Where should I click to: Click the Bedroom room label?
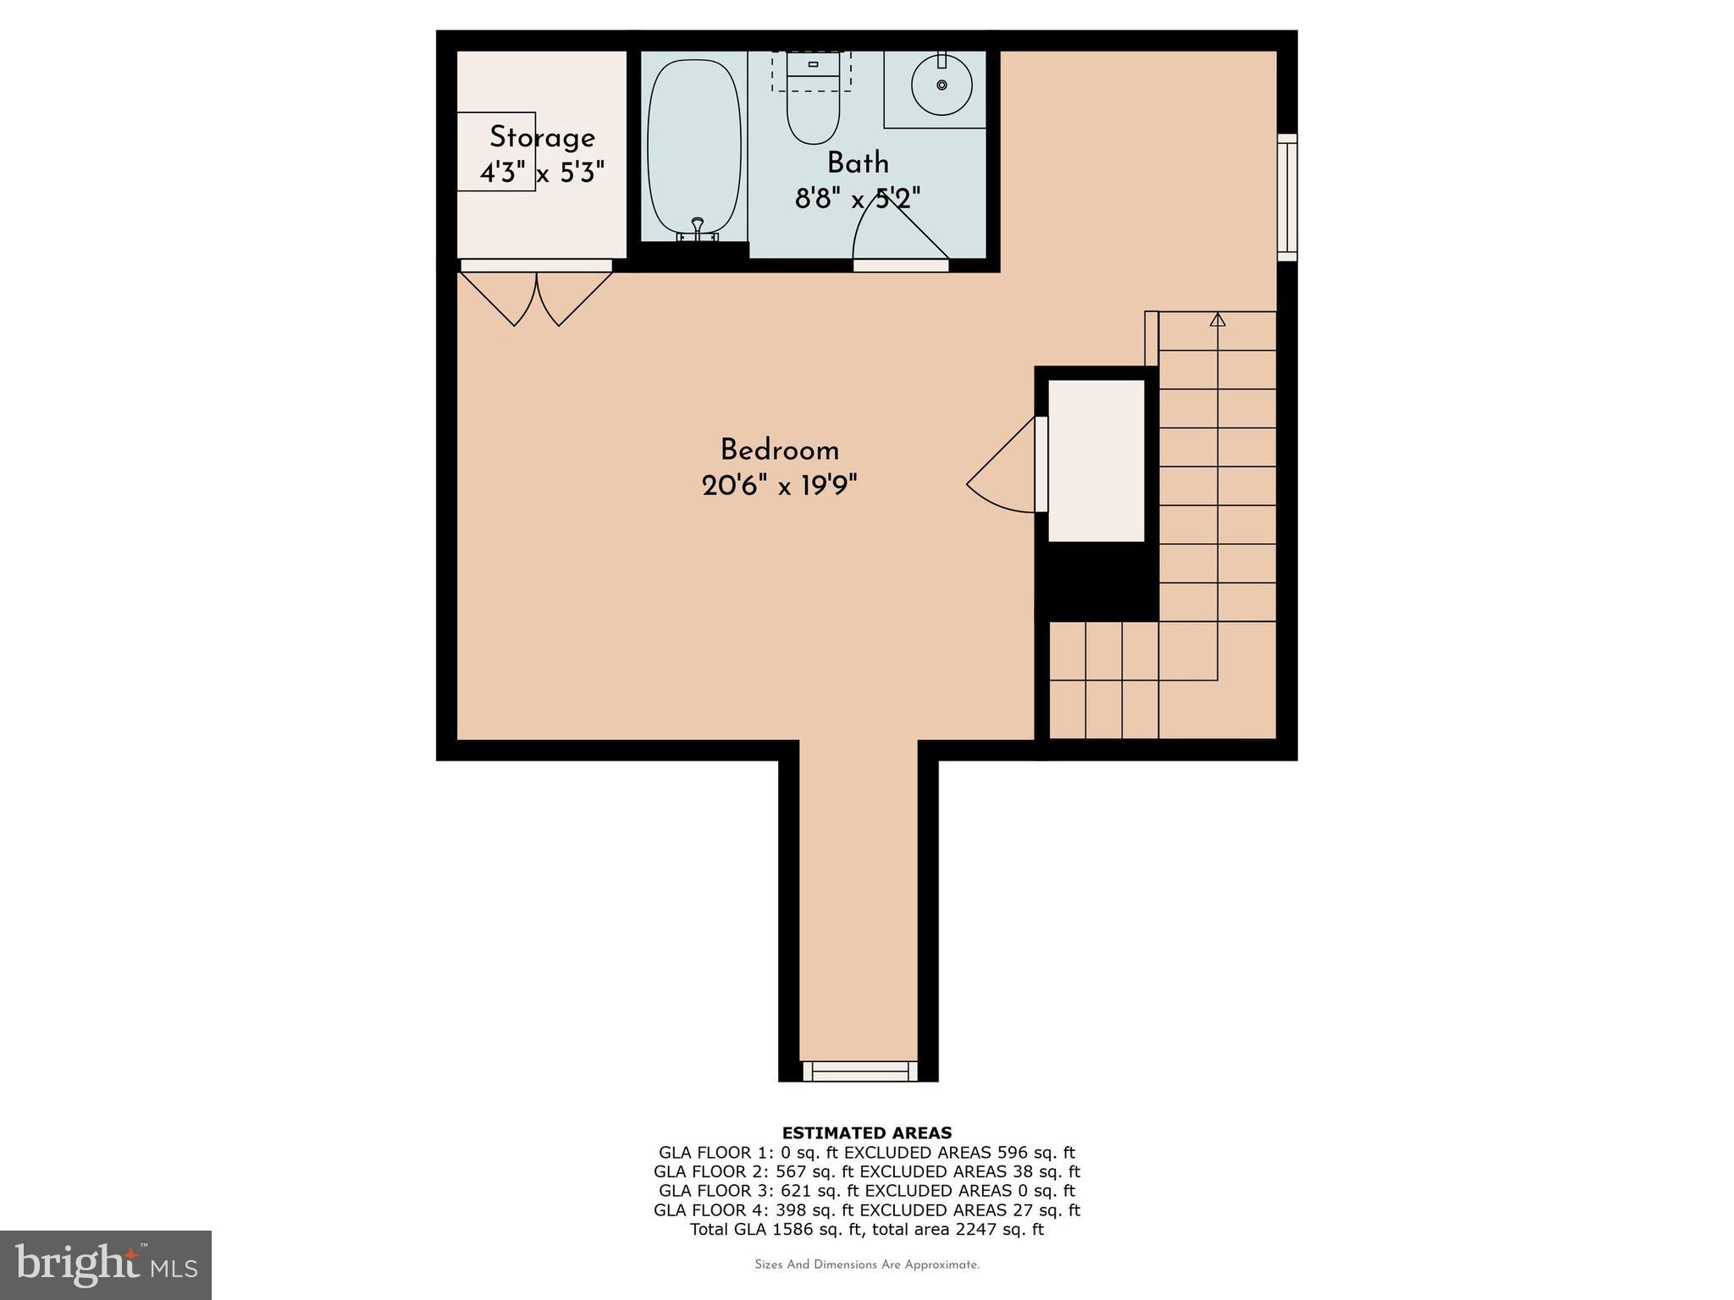779,449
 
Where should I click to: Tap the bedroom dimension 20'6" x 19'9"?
779,486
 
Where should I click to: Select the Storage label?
542,137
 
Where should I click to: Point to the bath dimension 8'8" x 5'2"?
857,199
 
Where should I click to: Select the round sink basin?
942,85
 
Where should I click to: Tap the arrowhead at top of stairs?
1218,319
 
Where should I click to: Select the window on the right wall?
1287,196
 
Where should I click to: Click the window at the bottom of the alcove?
859,1071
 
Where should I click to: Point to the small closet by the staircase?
1096,460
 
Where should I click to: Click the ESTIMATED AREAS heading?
866,1132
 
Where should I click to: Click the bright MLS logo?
106,1264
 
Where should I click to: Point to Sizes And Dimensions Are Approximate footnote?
866,1264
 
